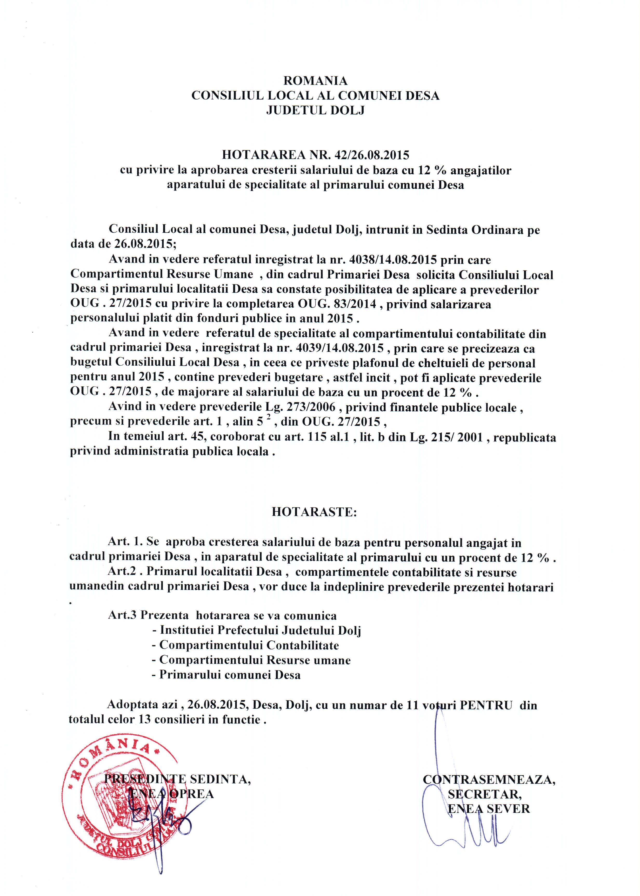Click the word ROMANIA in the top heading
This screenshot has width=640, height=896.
click(x=315, y=81)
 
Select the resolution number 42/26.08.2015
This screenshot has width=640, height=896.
click(x=372, y=155)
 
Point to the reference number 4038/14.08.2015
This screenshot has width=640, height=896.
click(x=393, y=260)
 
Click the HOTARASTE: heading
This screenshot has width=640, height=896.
click(x=314, y=512)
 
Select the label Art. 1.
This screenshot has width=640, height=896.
click(x=125, y=542)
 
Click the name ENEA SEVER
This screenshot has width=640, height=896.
click(x=489, y=809)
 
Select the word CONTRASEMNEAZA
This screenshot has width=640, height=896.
click(x=489, y=779)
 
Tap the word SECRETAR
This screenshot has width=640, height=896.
click(x=484, y=794)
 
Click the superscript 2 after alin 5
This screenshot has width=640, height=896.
click(x=268, y=418)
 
